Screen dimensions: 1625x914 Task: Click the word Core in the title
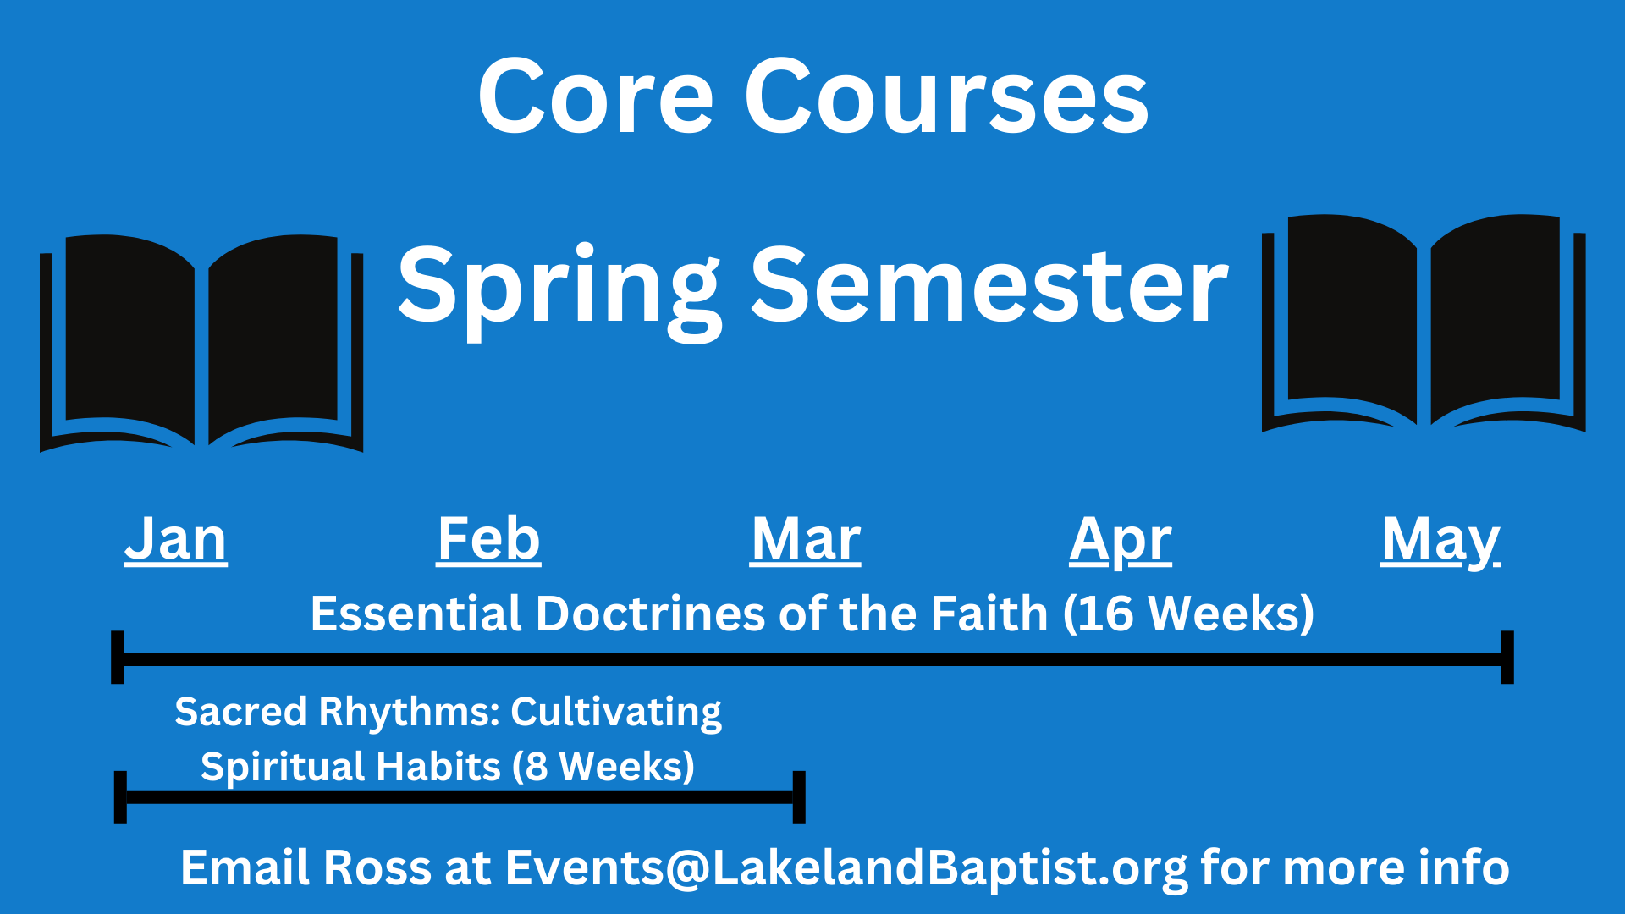[596, 96]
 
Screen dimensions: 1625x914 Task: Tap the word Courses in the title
[946, 96]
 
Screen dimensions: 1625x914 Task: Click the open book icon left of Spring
[201, 343]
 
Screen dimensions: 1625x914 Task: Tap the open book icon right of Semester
[1424, 322]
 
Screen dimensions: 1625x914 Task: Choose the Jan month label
[176, 539]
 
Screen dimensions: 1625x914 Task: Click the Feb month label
[489, 539]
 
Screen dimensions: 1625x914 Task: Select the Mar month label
[806, 539]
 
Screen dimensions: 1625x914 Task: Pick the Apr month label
[1121, 541]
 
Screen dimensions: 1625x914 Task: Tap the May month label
[1440, 541]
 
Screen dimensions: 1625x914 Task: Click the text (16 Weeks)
[1188, 614]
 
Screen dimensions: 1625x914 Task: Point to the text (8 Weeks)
[603, 767]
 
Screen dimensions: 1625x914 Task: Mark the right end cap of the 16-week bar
[1507, 657]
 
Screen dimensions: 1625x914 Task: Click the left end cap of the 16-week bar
[118, 657]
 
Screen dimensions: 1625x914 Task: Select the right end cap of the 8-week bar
[799, 797]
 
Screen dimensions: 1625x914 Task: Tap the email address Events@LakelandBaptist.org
[846, 869]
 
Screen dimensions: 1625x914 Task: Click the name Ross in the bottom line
[377, 868]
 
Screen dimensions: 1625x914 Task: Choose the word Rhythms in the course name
[410, 713]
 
